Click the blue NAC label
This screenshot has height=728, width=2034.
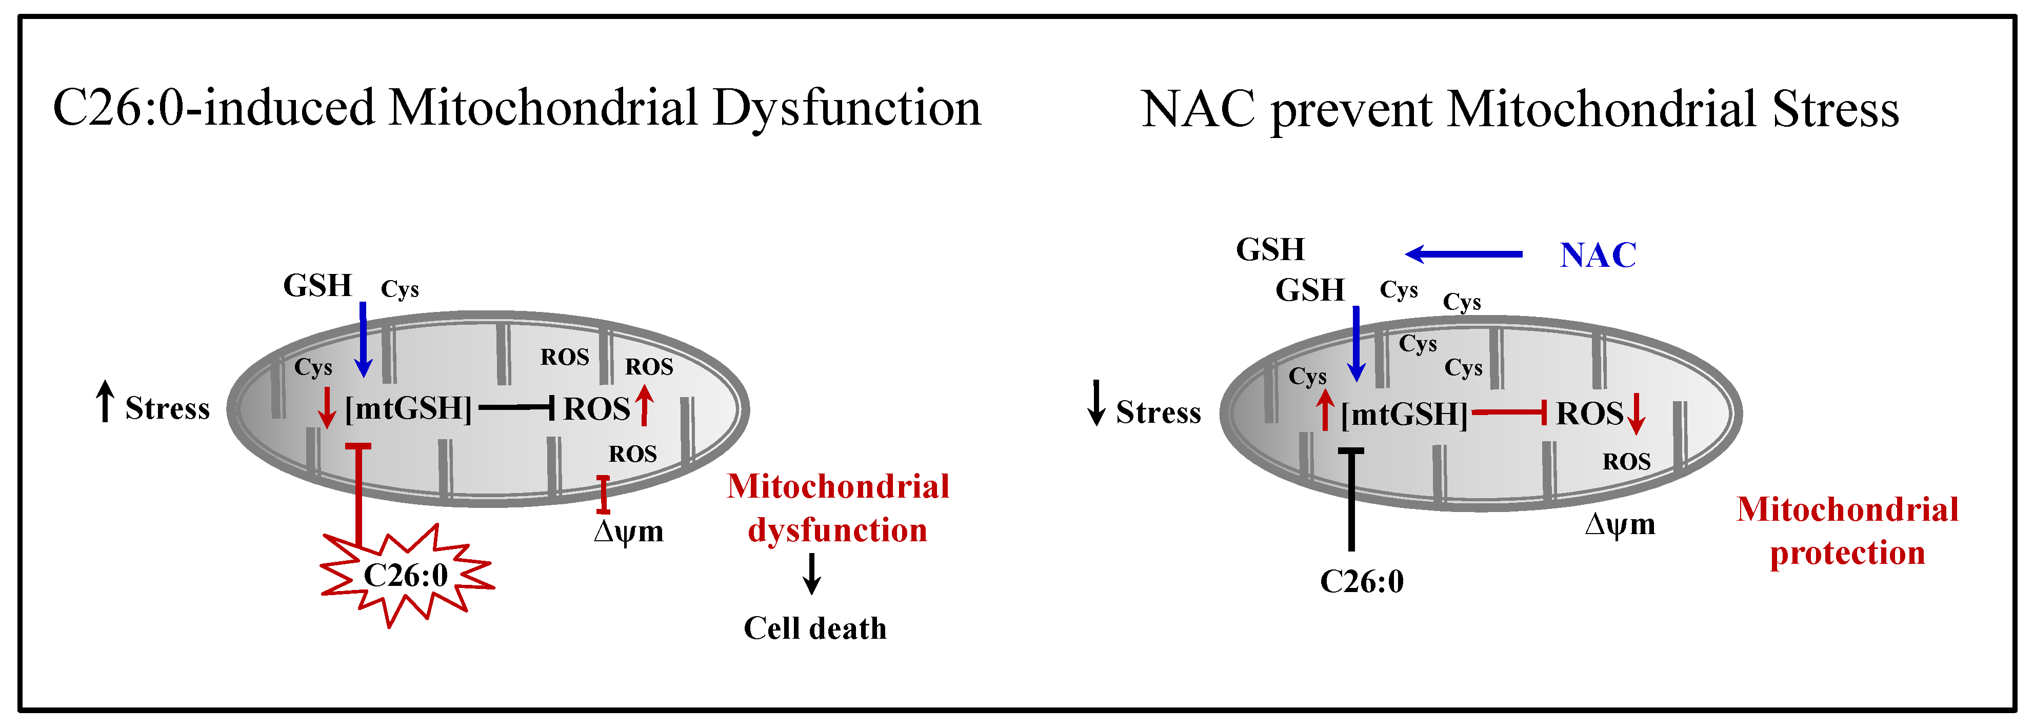pos(1598,255)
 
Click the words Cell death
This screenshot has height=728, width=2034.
pos(815,628)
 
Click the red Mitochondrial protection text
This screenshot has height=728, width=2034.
pos(1847,532)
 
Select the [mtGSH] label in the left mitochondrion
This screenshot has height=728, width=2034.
pos(408,409)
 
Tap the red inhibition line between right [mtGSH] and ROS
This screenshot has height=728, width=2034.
pos(1508,412)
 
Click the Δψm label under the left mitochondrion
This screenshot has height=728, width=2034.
pos(629,532)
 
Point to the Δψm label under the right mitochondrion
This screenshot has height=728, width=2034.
pos(1620,524)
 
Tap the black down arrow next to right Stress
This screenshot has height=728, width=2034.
pos(1096,403)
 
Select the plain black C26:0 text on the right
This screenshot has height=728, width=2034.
pos(1362,582)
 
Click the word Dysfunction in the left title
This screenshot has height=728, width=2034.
pos(846,108)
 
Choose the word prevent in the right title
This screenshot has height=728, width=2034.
pos(1351,110)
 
